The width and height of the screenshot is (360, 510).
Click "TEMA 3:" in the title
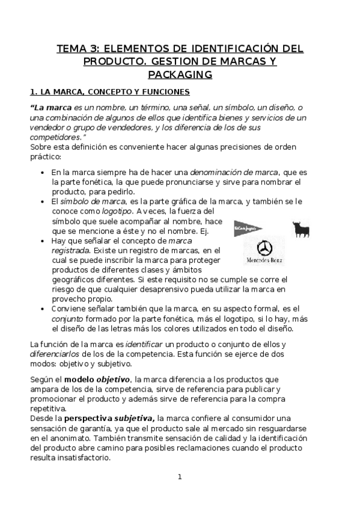[x=76, y=49]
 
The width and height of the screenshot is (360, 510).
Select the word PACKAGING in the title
[x=180, y=75]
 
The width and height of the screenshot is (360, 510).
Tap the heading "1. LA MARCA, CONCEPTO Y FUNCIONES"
[x=110, y=92]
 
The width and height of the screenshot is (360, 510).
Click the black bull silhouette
[x=302, y=229]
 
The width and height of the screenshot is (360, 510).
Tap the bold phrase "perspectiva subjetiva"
[x=109, y=417]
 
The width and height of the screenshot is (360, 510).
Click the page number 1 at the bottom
[x=179, y=477]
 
